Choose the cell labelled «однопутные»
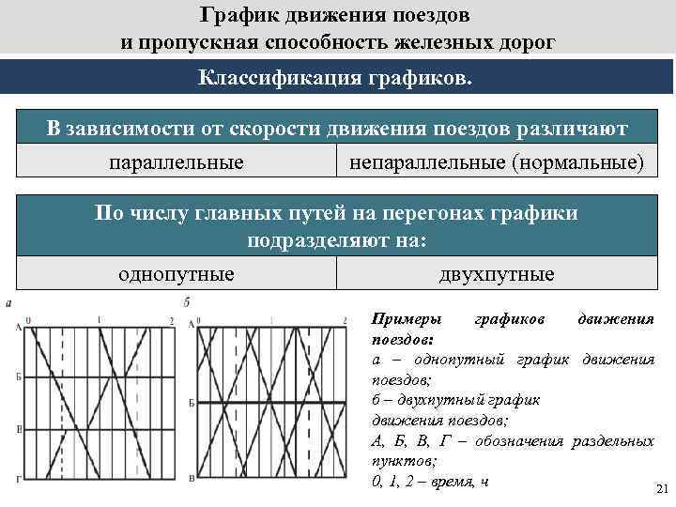click(177, 274)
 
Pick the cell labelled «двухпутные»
click(497, 274)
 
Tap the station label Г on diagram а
click(19, 479)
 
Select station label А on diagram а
click(19, 326)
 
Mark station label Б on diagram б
click(192, 402)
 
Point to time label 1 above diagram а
click(99, 321)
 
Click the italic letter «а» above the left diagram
click(8, 303)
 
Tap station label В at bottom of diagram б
click(192, 479)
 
